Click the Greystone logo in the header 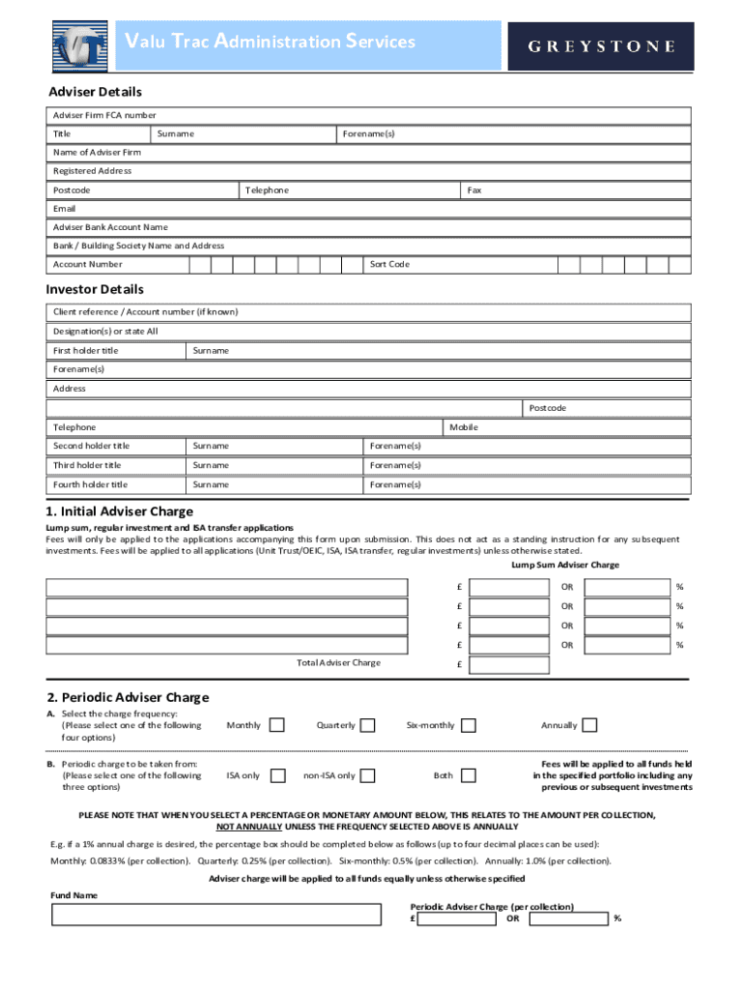pyautogui.click(x=600, y=46)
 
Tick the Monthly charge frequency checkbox pyautogui.click(x=277, y=725)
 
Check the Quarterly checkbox pyautogui.click(x=368, y=725)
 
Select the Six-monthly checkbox pyautogui.click(x=469, y=725)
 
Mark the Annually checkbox pyautogui.click(x=589, y=725)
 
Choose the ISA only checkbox pyautogui.click(x=278, y=775)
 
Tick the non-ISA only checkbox pyautogui.click(x=368, y=775)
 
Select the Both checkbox pyautogui.click(x=469, y=775)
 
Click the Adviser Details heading pyautogui.click(x=96, y=92)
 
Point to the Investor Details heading pyautogui.click(x=95, y=289)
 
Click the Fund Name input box pyautogui.click(x=215, y=915)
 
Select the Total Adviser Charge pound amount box pyautogui.click(x=509, y=664)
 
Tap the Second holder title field pyautogui.click(x=116, y=446)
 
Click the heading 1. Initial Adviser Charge pyautogui.click(x=120, y=510)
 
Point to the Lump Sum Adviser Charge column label pyautogui.click(x=565, y=565)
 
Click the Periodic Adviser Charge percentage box pyautogui.click(x=567, y=918)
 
